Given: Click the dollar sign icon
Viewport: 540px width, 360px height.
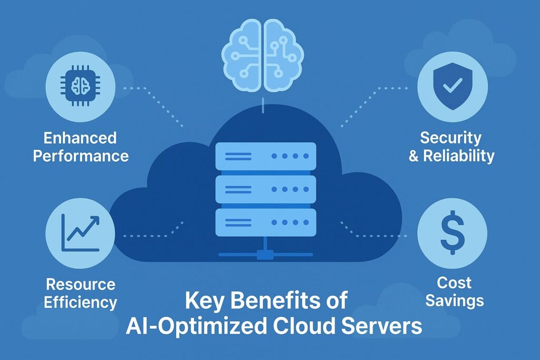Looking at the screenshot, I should [x=452, y=232].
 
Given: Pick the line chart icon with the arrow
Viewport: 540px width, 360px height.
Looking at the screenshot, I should [x=80, y=231].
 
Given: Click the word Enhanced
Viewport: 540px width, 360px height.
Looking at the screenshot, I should [x=80, y=139].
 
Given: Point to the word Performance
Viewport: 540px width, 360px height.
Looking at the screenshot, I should [x=80, y=156].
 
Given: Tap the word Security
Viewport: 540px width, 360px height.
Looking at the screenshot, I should [x=451, y=139].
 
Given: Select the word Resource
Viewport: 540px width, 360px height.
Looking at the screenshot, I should [x=81, y=285].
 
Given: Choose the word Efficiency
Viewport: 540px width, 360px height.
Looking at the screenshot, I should [x=81, y=302].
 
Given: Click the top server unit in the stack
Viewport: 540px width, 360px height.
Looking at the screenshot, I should [x=266, y=156].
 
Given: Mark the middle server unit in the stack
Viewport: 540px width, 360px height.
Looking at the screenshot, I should [x=266, y=189].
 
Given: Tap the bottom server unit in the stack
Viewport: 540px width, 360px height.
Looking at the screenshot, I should [x=266, y=222].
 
